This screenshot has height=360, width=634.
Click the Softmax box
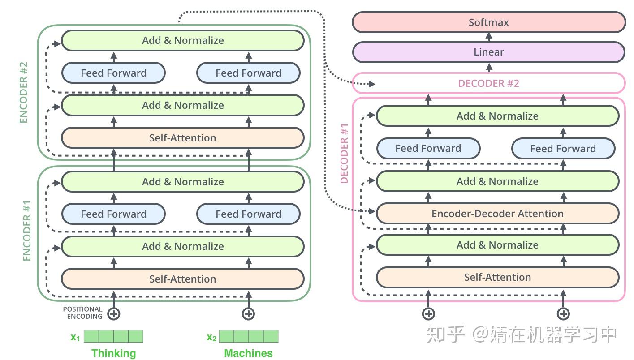488,22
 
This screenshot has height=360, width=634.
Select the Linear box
488,52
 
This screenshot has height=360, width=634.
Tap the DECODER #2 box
488,83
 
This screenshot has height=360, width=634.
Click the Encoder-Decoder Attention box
497,214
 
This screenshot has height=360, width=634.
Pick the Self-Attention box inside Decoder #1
497,277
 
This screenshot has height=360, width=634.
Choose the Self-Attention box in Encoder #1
182,279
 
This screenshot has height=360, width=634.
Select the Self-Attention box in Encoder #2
182,138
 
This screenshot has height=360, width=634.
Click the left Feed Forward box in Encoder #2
113,73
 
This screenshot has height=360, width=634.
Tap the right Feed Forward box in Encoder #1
248,214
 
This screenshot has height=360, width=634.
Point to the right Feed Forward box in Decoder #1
563,149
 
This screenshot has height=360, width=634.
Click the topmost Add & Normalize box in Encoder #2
182,40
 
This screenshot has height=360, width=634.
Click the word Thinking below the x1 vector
113,353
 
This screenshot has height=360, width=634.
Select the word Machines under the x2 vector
248,353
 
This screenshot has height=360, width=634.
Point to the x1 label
75,337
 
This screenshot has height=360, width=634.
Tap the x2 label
211,337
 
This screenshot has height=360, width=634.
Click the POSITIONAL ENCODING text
83,313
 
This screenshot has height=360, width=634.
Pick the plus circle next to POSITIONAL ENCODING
114,313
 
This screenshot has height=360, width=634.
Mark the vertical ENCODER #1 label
27,231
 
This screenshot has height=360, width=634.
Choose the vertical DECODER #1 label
344,154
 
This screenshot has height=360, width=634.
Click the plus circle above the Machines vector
248,313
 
